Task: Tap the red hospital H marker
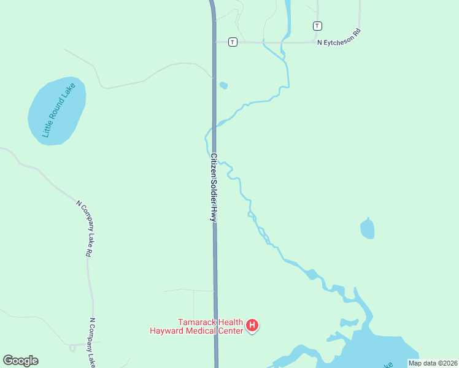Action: pyautogui.click(x=252, y=326)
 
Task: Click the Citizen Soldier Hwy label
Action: pyautogui.click(x=214, y=187)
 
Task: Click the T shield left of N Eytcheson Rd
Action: pyautogui.click(x=233, y=42)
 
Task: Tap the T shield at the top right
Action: pyautogui.click(x=317, y=26)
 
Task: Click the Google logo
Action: pyautogui.click(x=20, y=361)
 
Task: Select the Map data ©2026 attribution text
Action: pyautogui.click(x=433, y=363)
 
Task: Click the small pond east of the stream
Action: pyautogui.click(x=368, y=229)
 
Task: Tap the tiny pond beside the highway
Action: pyautogui.click(x=223, y=85)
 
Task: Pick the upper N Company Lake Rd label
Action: pyautogui.click(x=84, y=228)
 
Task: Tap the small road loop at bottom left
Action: pyautogui.click(x=72, y=348)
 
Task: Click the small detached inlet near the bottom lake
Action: pyautogui.click(x=349, y=322)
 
